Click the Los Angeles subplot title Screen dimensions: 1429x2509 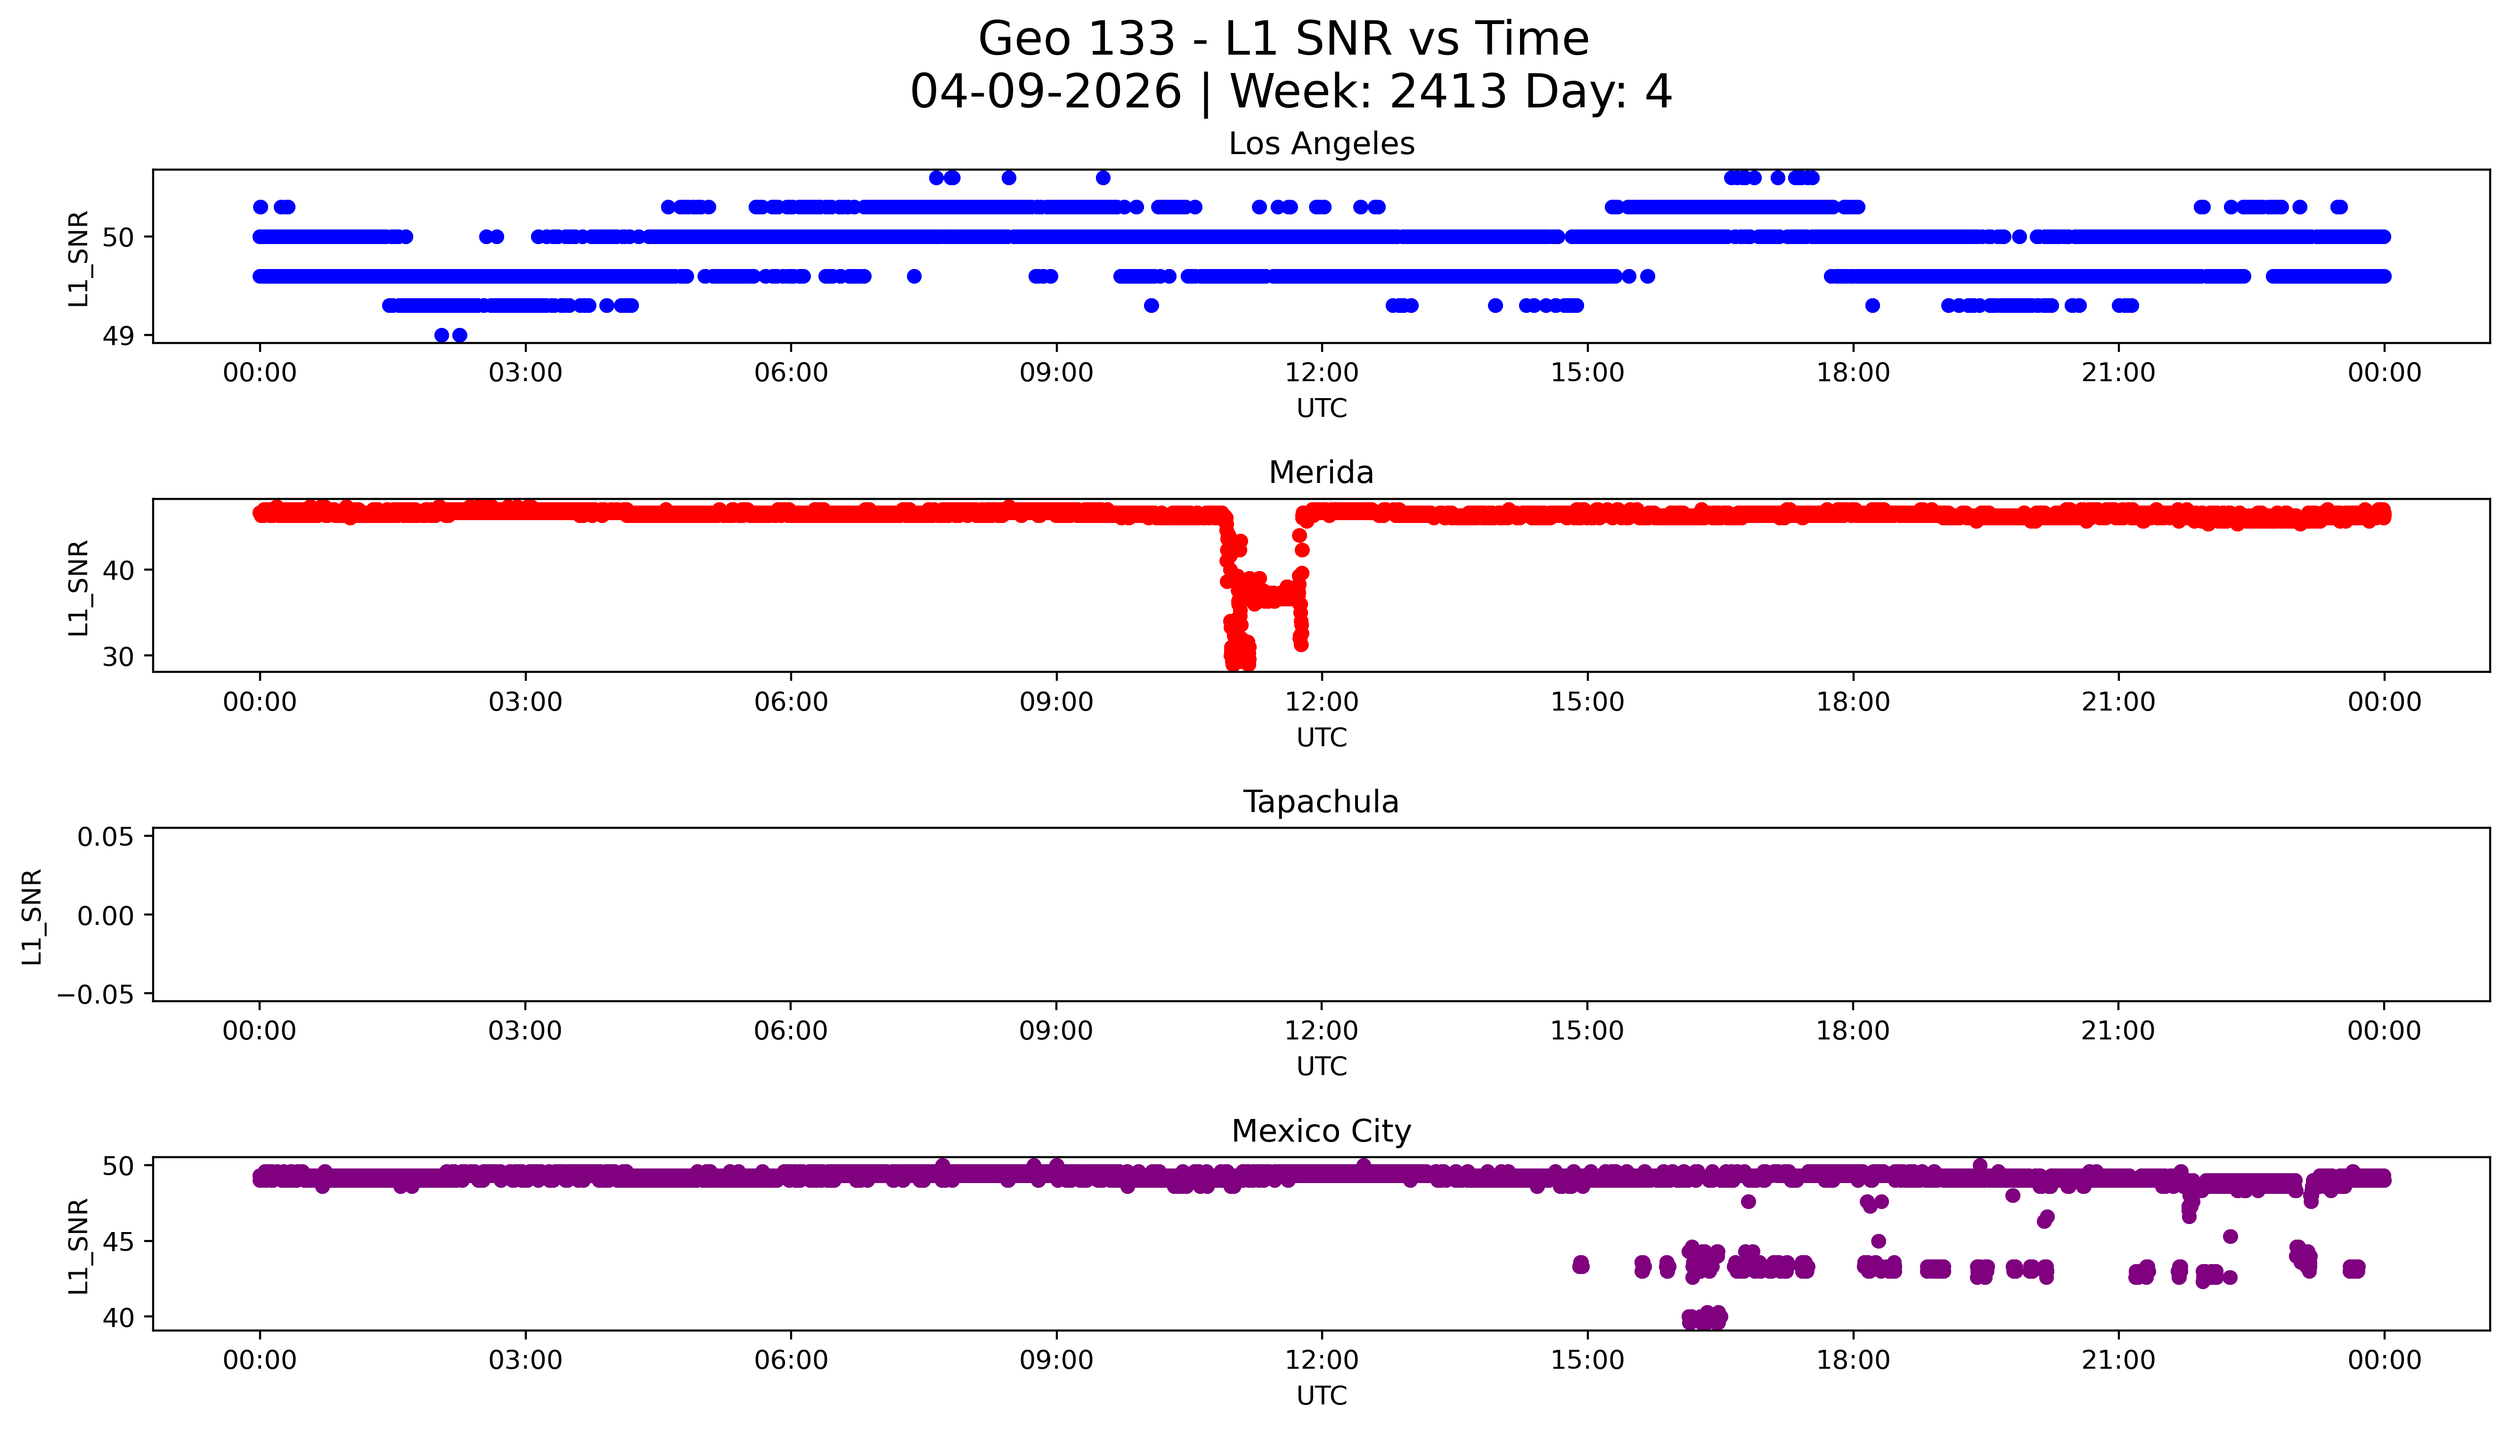pos(1321,144)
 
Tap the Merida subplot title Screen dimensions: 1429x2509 pos(1321,473)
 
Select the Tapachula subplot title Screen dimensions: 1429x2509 pos(1321,802)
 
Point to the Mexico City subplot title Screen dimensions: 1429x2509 pos(1321,1132)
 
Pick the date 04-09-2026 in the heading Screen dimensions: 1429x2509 pos(1045,92)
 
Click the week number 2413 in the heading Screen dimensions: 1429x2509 pos(1447,92)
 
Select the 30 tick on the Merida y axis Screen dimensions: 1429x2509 pos(118,657)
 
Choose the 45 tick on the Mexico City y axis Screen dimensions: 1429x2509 pos(118,1241)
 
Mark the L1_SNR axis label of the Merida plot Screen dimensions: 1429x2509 pos(79,587)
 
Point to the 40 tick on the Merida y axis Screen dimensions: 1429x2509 pos(118,570)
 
